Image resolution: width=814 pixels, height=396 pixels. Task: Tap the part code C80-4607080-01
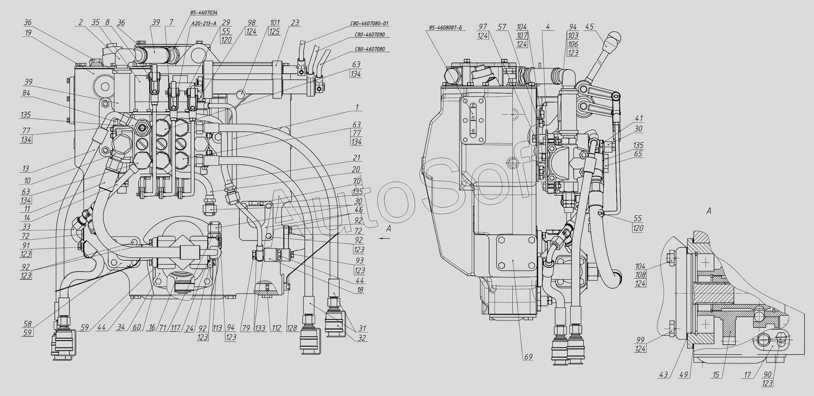[x=369, y=23]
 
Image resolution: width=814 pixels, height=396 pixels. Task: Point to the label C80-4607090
[x=369, y=35]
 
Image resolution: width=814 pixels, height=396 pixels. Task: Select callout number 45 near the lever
[x=589, y=26]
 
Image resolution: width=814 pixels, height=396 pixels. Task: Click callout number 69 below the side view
[x=528, y=357]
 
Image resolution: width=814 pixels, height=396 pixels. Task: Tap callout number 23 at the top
[x=295, y=23]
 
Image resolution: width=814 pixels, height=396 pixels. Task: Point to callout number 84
[x=26, y=93]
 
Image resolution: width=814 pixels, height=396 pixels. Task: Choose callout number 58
[x=27, y=324]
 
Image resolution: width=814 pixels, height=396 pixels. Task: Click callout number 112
[x=276, y=328]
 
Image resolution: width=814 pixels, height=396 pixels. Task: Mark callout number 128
[x=292, y=328]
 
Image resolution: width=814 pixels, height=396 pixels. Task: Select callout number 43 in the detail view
[x=663, y=375]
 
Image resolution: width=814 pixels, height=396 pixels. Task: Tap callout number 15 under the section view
[x=716, y=375]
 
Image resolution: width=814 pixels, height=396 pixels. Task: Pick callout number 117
[x=175, y=328]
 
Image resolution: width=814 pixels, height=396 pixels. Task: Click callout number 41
[x=639, y=119]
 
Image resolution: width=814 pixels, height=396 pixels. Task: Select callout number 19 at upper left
[x=28, y=32]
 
